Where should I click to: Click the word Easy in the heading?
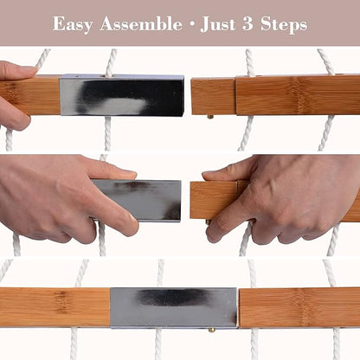coord(73,24)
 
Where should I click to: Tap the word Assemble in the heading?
coord(141,23)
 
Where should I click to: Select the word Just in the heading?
coord(218,24)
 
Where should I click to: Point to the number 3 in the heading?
coord(247,23)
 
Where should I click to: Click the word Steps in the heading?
coord(284,24)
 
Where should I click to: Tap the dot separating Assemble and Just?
coord(191,25)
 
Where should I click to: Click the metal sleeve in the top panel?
coord(122,96)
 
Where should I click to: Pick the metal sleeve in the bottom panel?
coord(174,307)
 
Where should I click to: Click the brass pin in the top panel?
coord(210,117)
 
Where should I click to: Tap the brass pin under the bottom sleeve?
coord(212,330)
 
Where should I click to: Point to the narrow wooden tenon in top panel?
coord(213,97)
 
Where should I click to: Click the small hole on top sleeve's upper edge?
coord(78,77)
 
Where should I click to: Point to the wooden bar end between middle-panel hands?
coord(214,200)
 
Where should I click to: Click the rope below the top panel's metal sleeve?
coord(107,133)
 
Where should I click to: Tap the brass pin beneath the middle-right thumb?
coord(208,222)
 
